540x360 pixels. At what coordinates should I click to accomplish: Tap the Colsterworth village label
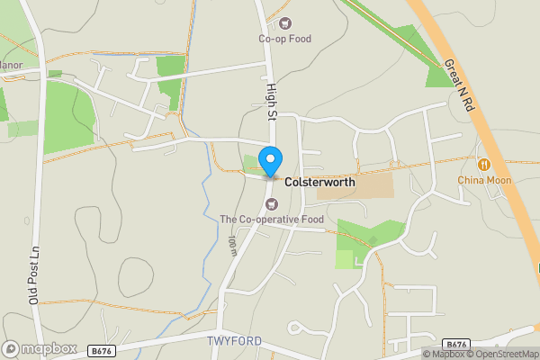pos(319,182)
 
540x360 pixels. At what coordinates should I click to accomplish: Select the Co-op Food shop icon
pos(285,23)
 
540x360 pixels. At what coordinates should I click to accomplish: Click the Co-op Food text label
pos(284,39)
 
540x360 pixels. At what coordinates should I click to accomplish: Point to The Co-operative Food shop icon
pos(271,203)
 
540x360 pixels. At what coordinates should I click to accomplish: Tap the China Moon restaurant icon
pos(484,165)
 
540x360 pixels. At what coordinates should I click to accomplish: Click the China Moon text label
pos(484,180)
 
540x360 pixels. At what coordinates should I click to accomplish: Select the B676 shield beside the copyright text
pos(457,344)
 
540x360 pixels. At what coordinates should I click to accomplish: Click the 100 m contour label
pos(231,245)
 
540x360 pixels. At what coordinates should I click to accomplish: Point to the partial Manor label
pos(11,65)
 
